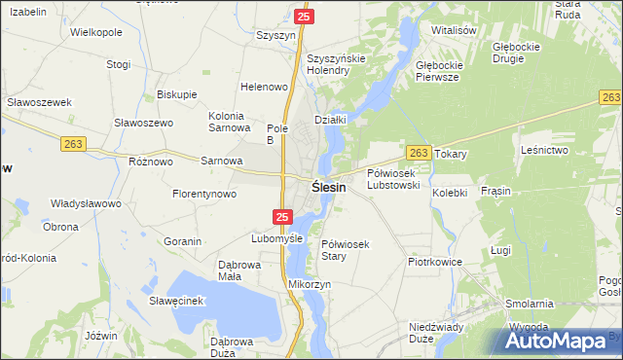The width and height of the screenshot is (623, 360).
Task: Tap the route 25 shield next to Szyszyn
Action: (x=304, y=17)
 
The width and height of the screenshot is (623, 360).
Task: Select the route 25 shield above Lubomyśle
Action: (x=280, y=217)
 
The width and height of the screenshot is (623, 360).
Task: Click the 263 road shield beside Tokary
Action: (x=419, y=154)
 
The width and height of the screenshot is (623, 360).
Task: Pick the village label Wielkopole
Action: (x=96, y=32)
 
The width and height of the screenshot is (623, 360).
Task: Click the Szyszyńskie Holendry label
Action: (x=335, y=64)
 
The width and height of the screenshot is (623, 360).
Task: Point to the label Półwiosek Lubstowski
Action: (x=393, y=178)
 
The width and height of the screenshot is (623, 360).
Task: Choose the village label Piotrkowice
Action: (x=434, y=263)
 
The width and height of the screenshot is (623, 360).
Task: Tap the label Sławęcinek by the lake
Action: (x=175, y=302)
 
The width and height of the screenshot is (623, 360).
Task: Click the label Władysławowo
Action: (x=86, y=204)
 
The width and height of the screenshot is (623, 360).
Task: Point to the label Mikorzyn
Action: (x=311, y=284)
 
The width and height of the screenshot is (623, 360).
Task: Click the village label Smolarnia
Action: (x=530, y=304)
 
